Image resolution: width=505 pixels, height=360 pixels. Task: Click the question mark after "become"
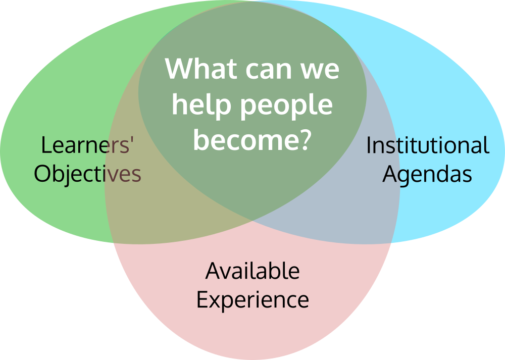pos(302,138)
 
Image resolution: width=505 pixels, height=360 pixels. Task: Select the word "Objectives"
pos(87,174)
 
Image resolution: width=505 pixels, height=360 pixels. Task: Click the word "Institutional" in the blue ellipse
pos(427,145)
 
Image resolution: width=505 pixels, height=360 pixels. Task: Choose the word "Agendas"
pos(427,175)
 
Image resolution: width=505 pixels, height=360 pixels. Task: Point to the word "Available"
pos(252,271)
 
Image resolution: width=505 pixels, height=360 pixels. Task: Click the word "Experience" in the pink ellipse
pos(252,300)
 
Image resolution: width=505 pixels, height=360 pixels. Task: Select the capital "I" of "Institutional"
pos(369,145)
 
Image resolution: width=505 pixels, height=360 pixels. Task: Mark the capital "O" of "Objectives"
pos(43,174)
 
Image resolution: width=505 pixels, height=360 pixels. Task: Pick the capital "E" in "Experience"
pos(201,299)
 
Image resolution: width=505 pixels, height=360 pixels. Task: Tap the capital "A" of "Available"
pos(213,271)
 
